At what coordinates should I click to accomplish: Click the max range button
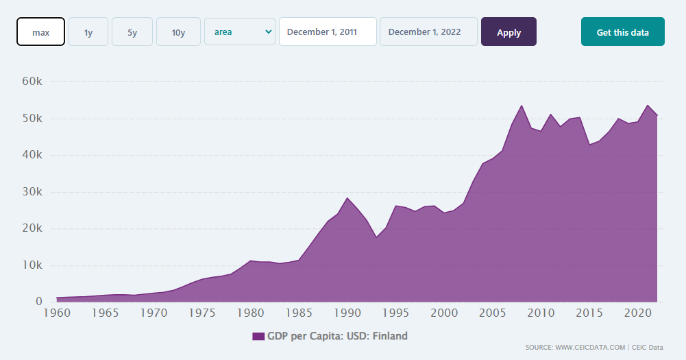40,32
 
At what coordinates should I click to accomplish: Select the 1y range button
88,32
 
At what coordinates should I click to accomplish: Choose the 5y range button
132,32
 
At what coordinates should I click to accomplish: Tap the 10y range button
178,32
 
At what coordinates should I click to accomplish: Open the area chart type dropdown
240,32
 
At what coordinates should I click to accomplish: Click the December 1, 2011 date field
328,32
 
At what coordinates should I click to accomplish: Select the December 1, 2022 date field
428,32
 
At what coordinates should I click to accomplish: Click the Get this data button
622,32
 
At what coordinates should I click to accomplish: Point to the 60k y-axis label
32,82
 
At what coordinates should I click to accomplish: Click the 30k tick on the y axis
32,192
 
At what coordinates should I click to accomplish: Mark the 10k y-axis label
32,265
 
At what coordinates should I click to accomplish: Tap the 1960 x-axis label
57,313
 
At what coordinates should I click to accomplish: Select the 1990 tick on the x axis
348,313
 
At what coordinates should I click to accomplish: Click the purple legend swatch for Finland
258,336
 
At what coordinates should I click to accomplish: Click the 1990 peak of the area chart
348,197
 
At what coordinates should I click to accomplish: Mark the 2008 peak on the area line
522,105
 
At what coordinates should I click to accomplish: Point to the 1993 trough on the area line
377,237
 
